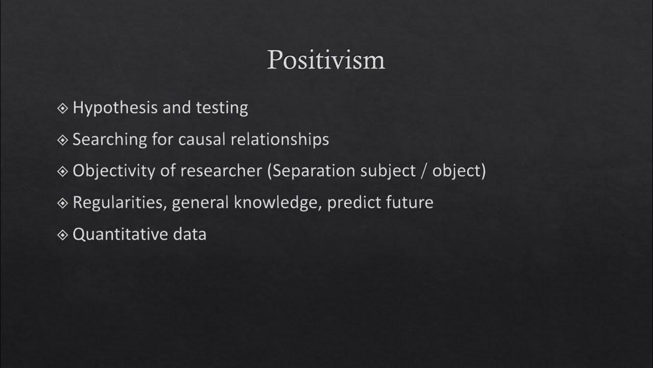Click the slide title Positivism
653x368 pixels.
[x=326, y=60]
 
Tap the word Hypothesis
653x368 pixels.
[x=115, y=108]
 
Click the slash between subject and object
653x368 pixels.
[x=421, y=171]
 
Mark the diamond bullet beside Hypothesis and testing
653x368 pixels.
[x=63, y=108]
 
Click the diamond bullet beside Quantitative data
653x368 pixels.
[x=63, y=235]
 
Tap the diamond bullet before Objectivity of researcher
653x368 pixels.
[x=63, y=171]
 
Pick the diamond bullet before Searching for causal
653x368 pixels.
[x=63, y=140]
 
